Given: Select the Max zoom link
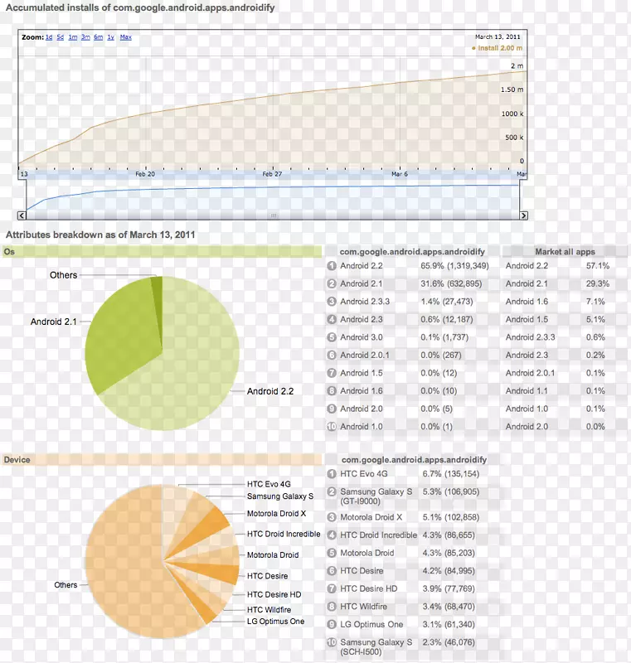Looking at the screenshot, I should tap(125, 37).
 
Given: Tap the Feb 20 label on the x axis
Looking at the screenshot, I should tap(145, 174).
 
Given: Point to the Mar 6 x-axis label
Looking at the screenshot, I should tap(400, 174).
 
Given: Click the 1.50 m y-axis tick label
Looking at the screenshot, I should tap(513, 90).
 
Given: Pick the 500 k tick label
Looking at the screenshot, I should tap(515, 138).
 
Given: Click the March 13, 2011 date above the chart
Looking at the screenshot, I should tap(498, 37).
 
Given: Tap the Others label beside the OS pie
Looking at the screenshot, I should tap(63, 275).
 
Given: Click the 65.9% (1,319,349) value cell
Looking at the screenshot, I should tap(454, 266).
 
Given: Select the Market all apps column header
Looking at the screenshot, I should tap(565, 252).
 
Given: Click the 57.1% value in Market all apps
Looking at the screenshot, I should tap(597, 266).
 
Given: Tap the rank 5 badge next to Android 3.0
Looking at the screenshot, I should tap(332, 337).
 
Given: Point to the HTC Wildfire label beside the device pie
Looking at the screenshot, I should tap(269, 609).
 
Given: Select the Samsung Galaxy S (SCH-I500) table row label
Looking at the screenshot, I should tap(376, 646).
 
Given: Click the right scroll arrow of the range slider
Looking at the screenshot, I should tap(522, 215).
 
